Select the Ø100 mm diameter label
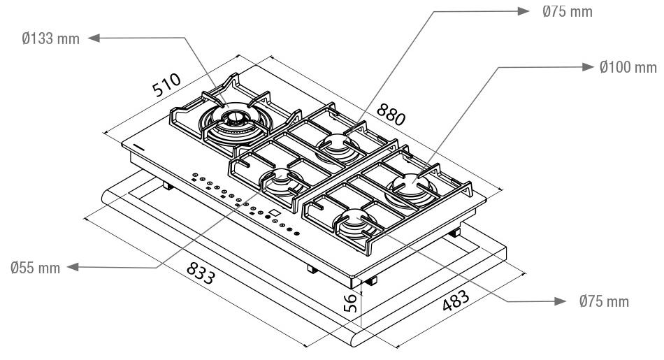pos(628,67)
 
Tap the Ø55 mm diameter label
pos(34,267)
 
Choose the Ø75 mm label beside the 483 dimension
pos(604,301)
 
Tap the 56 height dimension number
pos(352,301)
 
